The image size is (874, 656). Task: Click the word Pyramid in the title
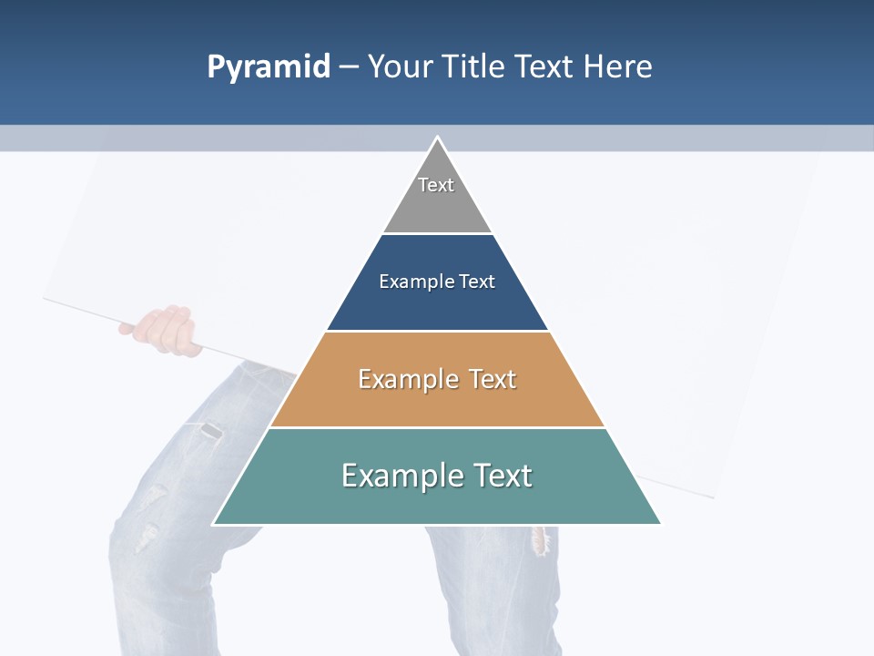tap(269, 67)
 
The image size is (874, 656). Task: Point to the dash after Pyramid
tap(349, 67)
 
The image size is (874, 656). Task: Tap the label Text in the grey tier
tap(436, 185)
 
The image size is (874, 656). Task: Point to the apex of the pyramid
tap(437, 138)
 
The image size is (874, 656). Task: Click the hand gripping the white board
tap(165, 330)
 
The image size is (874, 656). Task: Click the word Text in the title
tap(543, 67)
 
